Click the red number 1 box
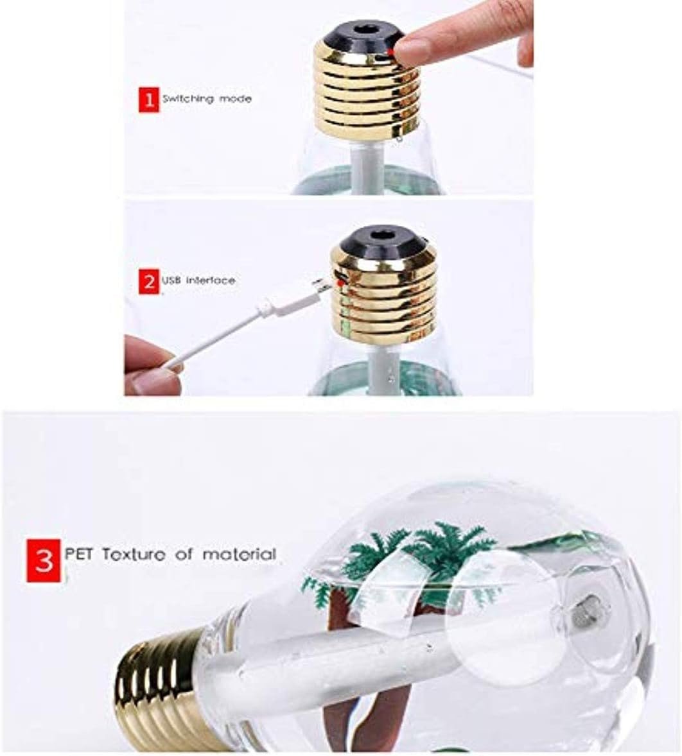pyautogui.click(x=148, y=100)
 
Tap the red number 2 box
pyautogui.click(x=148, y=281)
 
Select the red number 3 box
pyautogui.click(x=44, y=561)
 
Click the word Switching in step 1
pyautogui.click(x=188, y=99)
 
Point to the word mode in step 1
pyautogui.click(x=236, y=99)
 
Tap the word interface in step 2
pyautogui.click(x=211, y=280)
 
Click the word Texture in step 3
pyautogui.click(x=134, y=554)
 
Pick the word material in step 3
pyautogui.click(x=240, y=554)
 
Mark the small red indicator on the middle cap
pyautogui.click(x=341, y=284)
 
